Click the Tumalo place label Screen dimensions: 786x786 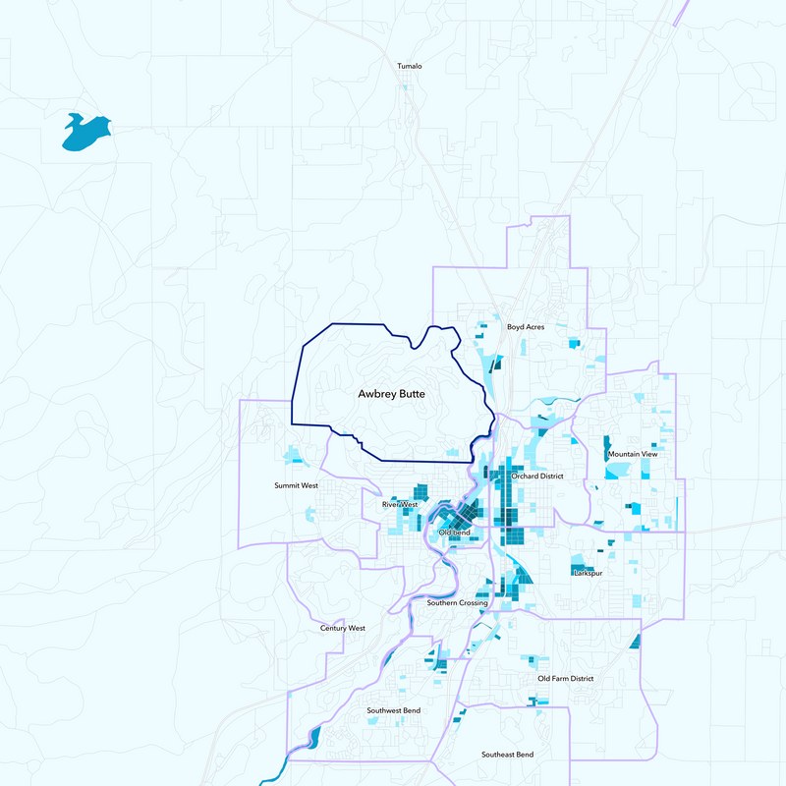click(409, 66)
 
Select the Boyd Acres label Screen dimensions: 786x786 click(526, 326)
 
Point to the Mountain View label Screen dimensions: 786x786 click(633, 454)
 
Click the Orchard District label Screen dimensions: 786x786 click(537, 476)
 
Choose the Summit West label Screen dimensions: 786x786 click(296, 485)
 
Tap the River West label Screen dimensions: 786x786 click(400, 505)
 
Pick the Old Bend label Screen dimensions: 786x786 click(455, 533)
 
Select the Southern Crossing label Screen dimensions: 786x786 click(457, 602)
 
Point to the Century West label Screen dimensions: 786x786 click(343, 628)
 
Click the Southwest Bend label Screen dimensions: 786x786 click(394, 709)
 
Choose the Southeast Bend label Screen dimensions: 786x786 click(508, 754)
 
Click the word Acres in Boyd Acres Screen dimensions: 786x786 click(534, 326)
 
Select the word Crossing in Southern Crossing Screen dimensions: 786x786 click(473, 602)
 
